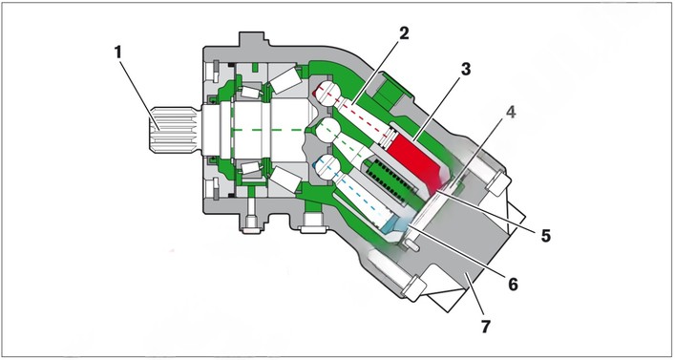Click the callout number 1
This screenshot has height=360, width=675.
click(x=118, y=53)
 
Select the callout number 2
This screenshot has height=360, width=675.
click(x=403, y=33)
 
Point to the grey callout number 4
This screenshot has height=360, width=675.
click(x=511, y=112)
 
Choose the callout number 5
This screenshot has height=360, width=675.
click(x=546, y=236)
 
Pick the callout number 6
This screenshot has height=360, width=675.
click(x=513, y=285)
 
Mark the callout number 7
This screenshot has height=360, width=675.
click(x=485, y=327)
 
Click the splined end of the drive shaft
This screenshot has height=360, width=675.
click(x=174, y=130)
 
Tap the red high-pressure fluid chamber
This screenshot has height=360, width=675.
click(x=415, y=160)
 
